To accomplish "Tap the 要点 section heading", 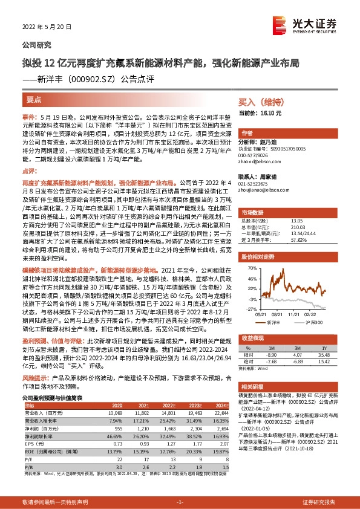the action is (x=34, y=98).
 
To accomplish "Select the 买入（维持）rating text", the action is (x=258, y=103).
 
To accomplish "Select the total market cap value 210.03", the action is (x=297, y=227).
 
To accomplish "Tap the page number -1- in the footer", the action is (x=180, y=502).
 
